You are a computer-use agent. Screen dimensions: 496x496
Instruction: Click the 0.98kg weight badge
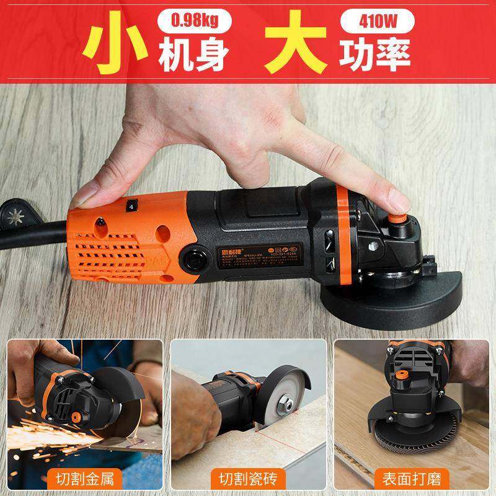point(191,22)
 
